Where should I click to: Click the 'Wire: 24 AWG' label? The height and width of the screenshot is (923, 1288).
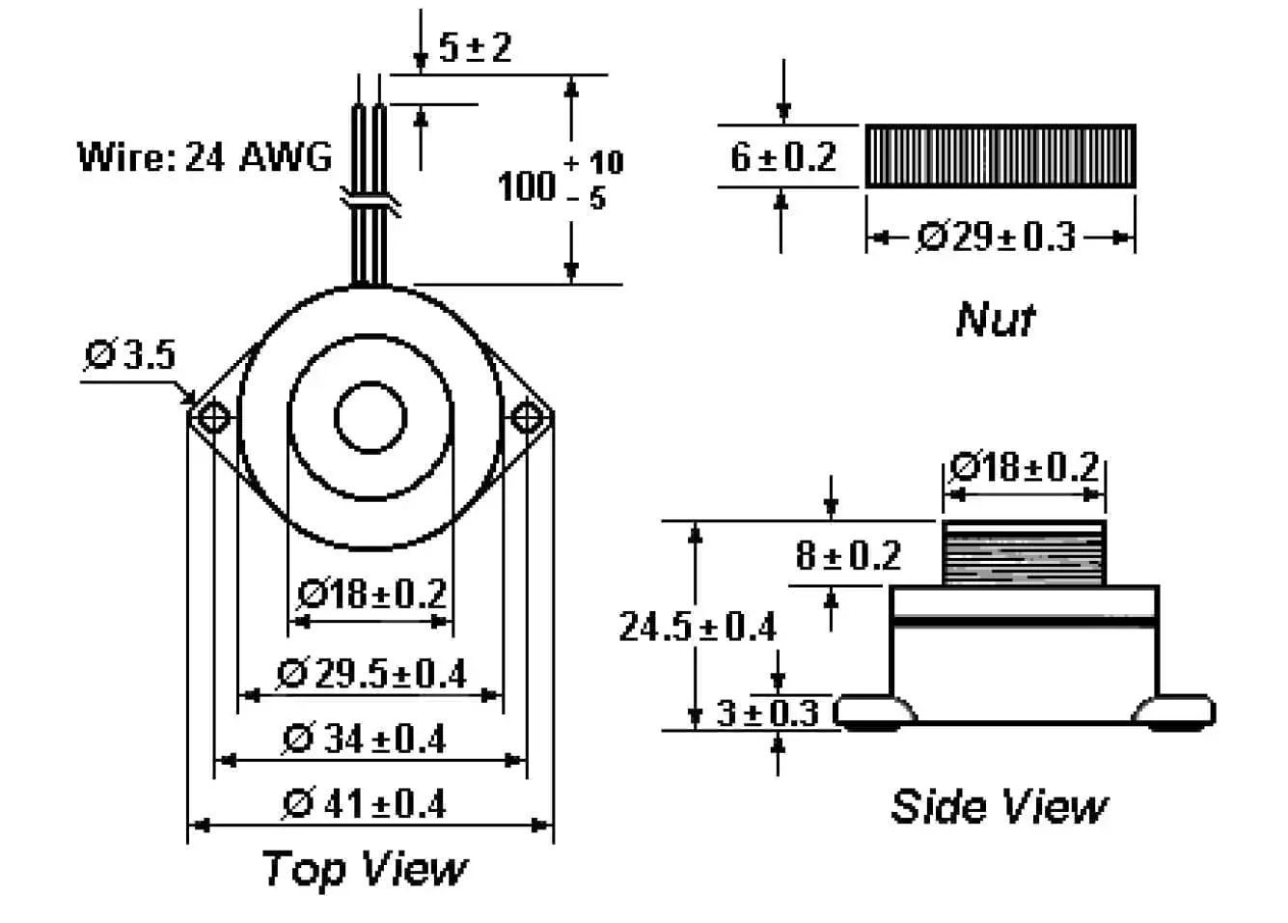point(205,156)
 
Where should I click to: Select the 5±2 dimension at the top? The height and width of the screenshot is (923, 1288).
point(475,46)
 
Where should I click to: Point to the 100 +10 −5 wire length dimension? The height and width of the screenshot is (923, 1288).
point(560,181)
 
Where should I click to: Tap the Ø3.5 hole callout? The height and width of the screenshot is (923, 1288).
point(130,354)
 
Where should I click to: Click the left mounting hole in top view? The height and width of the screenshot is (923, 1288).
point(211,418)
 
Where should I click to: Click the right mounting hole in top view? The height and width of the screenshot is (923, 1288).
point(527,418)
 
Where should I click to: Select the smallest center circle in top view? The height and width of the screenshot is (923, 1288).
point(370,418)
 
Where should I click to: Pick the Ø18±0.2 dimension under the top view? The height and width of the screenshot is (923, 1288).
point(372,593)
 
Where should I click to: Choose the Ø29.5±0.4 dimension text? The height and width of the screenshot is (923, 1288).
point(372,673)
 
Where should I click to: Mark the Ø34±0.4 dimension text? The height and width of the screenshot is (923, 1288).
point(365,739)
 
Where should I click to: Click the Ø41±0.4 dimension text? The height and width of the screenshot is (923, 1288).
point(365,803)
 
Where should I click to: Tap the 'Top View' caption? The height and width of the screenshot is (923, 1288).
point(364,868)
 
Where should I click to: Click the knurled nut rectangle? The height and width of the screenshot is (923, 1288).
point(1000,155)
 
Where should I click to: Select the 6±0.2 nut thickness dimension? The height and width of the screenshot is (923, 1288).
point(782,156)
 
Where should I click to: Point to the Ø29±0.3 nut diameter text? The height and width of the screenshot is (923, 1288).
point(996,237)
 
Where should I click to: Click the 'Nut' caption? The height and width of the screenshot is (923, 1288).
point(995,319)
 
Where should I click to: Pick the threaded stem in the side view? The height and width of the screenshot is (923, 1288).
point(1024,553)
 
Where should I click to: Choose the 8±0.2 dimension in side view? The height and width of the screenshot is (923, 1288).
point(847,555)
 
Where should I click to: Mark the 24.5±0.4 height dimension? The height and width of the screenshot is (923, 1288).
point(698,627)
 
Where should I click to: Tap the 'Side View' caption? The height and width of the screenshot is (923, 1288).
point(999,806)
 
